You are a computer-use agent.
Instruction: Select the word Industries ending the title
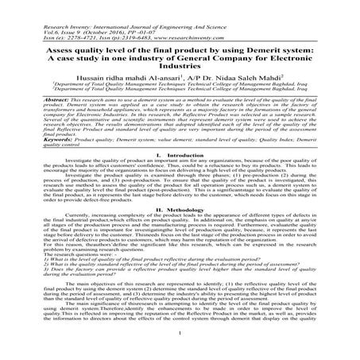pos(180,67)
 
